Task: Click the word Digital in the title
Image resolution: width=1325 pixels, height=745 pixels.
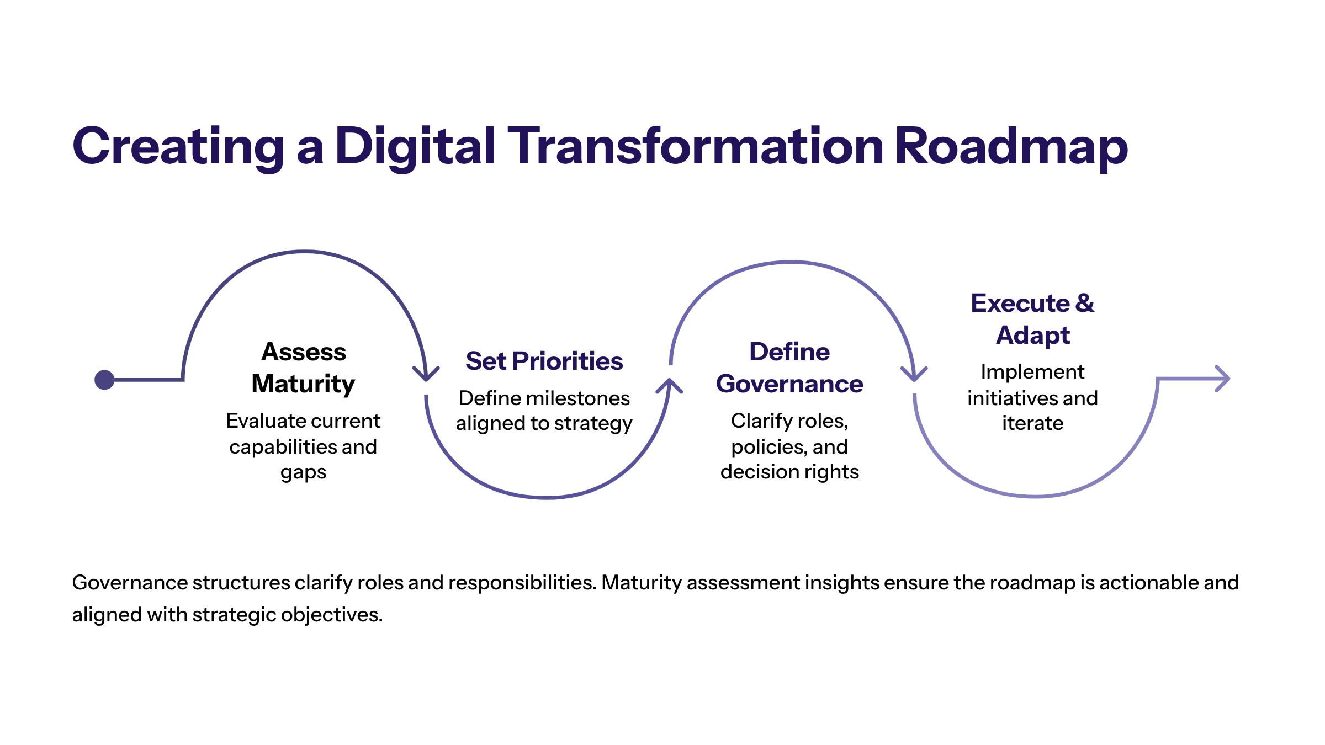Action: (415, 146)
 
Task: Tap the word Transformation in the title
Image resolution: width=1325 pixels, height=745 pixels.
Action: (696, 146)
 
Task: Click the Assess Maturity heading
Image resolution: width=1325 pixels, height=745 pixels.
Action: (304, 368)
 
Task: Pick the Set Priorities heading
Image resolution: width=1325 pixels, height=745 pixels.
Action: (544, 361)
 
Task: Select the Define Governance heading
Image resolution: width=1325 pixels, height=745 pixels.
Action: (789, 368)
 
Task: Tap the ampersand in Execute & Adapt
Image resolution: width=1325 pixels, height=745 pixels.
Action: (1085, 303)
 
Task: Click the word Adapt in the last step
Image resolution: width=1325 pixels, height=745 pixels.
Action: (1032, 335)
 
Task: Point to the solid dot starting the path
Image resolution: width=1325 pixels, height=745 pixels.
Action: (104, 380)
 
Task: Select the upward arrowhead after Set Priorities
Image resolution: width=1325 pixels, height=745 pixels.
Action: (669, 385)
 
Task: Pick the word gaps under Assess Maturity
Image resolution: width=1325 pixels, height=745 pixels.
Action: (303, 473)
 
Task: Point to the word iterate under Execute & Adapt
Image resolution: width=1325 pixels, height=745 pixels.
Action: (1032, 423)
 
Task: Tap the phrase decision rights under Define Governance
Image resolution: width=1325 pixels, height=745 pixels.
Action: (789, 472)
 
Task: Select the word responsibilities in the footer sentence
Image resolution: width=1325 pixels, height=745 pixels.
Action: (522, 583)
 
